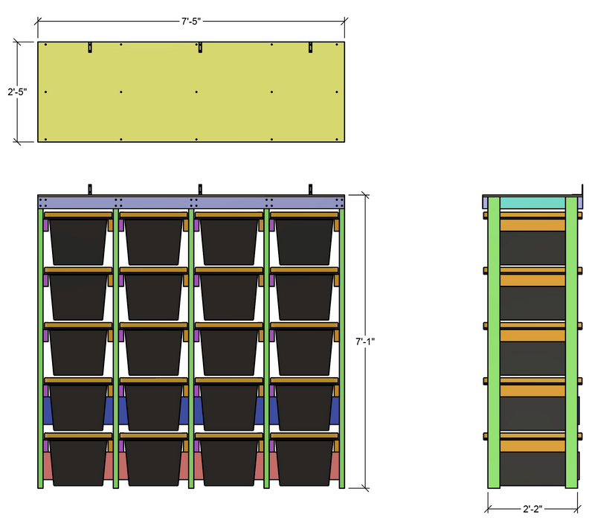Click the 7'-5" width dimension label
coord(191,23)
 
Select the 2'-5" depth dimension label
coord(17,92)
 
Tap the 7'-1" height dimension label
coord(365,341)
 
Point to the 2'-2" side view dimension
coord(532,510)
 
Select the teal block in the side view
coord(532,202)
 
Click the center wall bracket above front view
coord(199,189)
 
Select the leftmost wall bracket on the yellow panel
coord(89,48)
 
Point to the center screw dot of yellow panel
coord(196,92)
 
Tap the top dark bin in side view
coord(532,248)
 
